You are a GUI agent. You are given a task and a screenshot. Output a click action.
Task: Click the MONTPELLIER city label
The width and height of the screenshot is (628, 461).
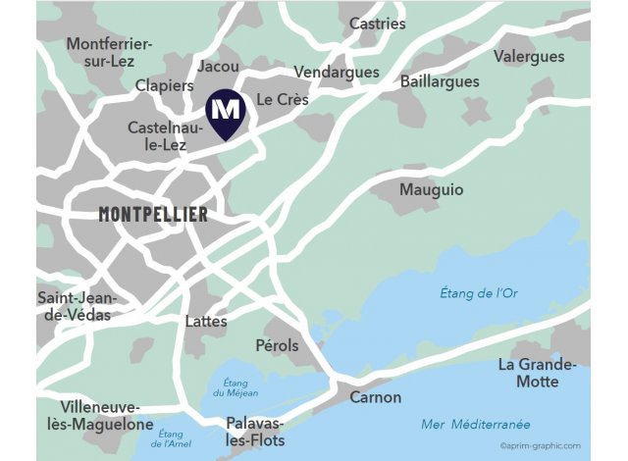point(153,214)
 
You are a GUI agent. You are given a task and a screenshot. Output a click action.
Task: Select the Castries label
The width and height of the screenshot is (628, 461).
point(377,24)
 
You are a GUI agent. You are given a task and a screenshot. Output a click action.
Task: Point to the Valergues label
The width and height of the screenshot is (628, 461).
point(529,56)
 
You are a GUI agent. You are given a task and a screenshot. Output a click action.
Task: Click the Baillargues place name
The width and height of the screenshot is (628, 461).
point(440,81)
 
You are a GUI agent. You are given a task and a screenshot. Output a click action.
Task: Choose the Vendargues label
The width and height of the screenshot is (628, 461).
point(336,73)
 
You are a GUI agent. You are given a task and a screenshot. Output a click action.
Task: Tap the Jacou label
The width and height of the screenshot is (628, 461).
point(218,66)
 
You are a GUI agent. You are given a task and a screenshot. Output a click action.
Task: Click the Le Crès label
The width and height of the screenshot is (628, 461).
point(283,100)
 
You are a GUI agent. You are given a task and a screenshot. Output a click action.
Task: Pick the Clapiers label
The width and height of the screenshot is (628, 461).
point(165,85)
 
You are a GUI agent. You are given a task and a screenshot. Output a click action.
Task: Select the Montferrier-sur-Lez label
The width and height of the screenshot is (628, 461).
point(109,52)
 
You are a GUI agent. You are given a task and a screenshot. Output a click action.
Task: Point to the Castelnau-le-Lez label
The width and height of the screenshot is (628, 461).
point(163,136)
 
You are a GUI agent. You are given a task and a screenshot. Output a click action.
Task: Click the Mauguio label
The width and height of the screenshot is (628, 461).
point(432,190)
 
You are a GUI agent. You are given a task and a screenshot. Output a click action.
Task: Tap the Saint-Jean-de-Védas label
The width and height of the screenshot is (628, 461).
point(77,306)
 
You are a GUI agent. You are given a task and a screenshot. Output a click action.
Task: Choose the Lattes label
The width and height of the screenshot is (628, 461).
point(206,321)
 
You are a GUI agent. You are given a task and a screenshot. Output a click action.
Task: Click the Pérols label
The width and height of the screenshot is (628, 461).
point(277,345)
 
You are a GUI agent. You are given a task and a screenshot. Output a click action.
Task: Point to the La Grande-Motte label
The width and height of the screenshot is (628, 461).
point(537,373)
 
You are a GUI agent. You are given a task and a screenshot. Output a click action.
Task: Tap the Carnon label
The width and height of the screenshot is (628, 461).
point(376,397)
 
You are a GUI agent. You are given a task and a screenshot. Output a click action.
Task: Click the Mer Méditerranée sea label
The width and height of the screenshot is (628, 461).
point(475,424)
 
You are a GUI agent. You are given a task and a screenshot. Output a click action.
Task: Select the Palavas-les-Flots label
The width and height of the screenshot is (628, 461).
point(255,432)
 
